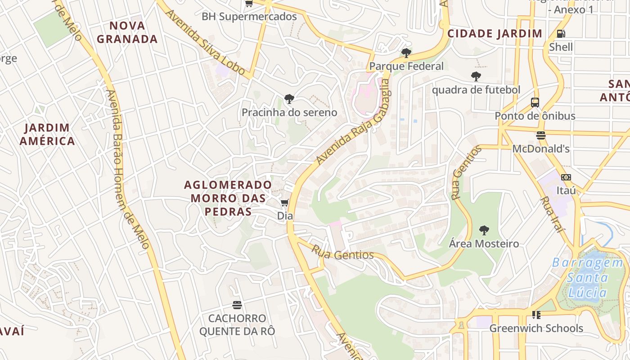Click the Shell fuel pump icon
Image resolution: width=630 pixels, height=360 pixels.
coord(561,33)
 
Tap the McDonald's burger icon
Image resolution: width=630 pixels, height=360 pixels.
coord(541,135)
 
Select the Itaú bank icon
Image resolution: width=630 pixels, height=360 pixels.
coord(566,177)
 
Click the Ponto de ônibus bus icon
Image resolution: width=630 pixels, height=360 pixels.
coord(535,103)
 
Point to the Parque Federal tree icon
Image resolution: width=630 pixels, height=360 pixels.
coord(406,53)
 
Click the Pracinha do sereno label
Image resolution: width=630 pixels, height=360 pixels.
coord(289,112)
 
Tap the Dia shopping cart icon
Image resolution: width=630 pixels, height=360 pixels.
coord(284,203)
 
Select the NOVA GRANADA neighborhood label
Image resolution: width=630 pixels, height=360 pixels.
coord(127,32)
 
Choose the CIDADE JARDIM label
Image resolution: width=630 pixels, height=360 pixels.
coord(495,34)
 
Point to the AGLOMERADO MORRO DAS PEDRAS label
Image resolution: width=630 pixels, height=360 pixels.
coord(228,198)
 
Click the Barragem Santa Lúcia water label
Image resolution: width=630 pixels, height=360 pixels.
coord(587,278)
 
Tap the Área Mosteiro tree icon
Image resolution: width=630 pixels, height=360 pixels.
coord(484,231)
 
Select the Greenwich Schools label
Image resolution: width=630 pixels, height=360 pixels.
coord(536,328)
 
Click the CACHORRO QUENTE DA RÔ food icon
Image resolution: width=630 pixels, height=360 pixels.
coord(237,305)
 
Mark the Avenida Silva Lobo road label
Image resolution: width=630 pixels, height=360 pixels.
coord(205,41)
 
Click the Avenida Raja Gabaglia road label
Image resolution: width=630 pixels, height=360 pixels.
coord(352,122)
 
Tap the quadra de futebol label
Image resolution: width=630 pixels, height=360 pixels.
coord(476,90)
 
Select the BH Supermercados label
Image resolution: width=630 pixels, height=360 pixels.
coord(249,17)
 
